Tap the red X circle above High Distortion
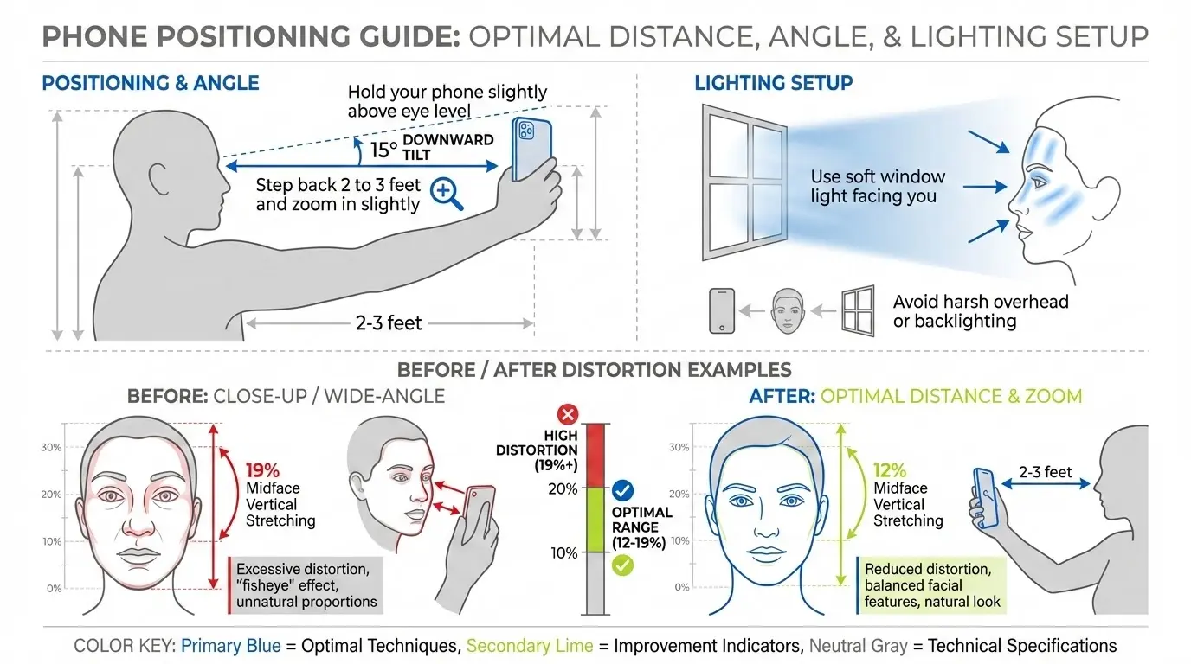569,412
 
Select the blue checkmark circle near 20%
621,491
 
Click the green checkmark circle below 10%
621,565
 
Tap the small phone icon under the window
721,310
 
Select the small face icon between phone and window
785,310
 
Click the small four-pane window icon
857,310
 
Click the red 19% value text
262,471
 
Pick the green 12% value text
890,471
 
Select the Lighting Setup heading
773,83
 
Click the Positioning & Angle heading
151,83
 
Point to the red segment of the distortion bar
597,455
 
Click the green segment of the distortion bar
597,520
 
